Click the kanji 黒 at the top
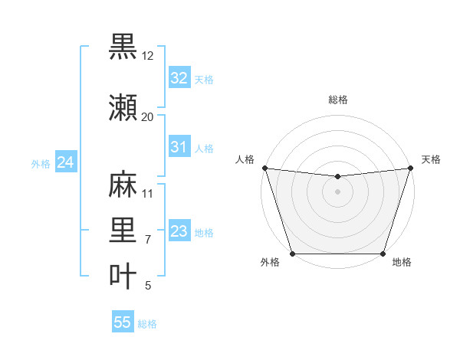pos(123,47)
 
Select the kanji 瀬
pos(123,108)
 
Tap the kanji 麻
pos(123,185)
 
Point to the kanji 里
pos(123,231)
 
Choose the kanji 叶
pos(123,277)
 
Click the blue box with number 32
pos(179,77)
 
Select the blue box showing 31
pos(179,147)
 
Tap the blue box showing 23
pos(179,231)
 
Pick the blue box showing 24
pos(65,162)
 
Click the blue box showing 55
pos(123,322)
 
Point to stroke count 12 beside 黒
pos(148,56)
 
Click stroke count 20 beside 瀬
pos(147,117)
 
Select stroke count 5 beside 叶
pos(147,286)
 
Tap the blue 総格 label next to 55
pos(147,324)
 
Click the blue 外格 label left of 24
pos(41,164)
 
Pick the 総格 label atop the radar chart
pos(337,100)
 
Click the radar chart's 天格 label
pos(431,159)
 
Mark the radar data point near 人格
pos(264,168)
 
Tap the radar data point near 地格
pos(383,254)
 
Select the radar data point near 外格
pos(293,254)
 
